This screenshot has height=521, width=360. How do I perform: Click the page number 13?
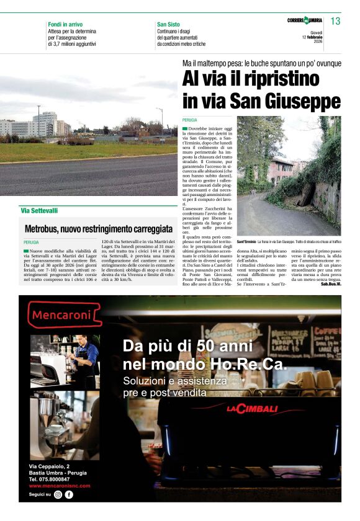point(335,21)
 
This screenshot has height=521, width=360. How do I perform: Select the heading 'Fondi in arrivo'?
point(66,24)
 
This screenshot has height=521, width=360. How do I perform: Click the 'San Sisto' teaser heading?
point(168,24)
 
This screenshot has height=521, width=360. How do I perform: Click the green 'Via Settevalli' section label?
point(39,211)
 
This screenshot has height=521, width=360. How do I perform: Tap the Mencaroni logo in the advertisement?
point(65,314)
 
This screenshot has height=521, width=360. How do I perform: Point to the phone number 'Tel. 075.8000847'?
point(49,479)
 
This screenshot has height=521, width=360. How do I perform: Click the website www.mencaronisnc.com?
point(60,486)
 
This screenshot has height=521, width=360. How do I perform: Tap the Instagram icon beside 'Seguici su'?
point(58,495)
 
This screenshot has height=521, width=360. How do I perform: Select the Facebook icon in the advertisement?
point(69,495)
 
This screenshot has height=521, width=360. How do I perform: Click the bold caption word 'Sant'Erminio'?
point(246,241)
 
